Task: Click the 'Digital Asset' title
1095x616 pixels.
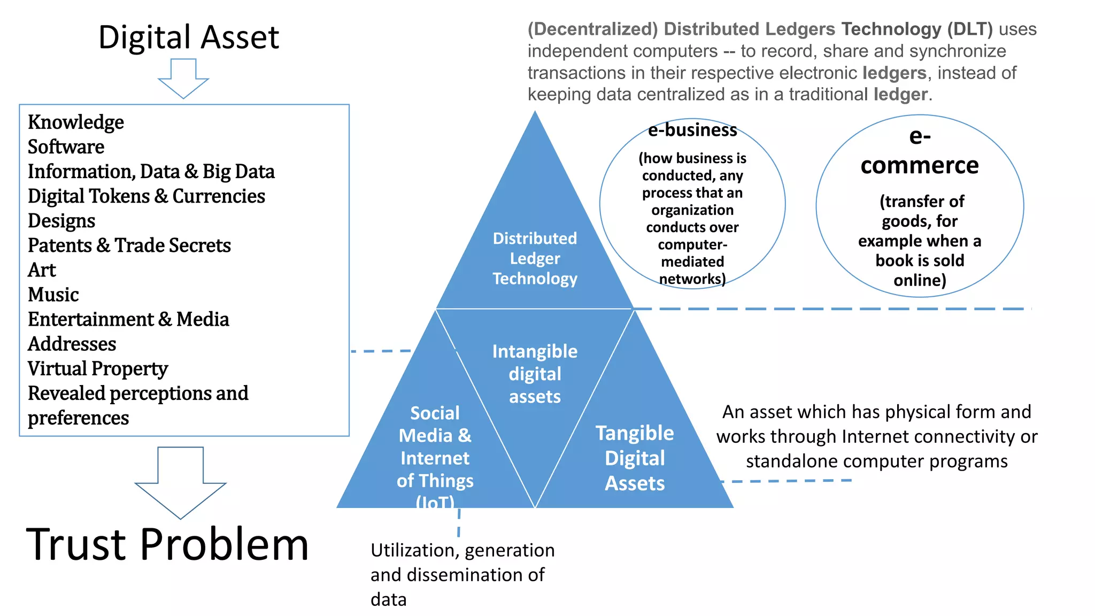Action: click(x=188, y=37)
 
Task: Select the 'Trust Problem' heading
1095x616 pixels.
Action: click(x=167, y=544)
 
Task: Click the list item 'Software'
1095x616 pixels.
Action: click(x=66, y=147)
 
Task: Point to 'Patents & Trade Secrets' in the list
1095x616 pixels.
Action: click(x=129, y=245)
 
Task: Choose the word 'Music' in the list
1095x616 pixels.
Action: click(x=53, y=295)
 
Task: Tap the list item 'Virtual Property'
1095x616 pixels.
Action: click(x=97, y=368)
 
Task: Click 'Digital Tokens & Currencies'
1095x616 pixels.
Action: click(x=146, y=196)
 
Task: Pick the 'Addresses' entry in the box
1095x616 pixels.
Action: click(x=72, y=344)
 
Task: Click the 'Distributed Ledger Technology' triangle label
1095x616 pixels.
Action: click(x=535, y=258)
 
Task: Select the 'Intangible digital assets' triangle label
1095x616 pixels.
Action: click(x=535, y=374)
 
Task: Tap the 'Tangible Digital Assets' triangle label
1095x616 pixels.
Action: click(x=635, y=458)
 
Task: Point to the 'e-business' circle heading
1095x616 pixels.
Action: click(x=692, y=130)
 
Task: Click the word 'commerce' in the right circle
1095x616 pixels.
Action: click(x=919, y=165)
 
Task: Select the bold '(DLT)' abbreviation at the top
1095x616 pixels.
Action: click(x=970, y=29)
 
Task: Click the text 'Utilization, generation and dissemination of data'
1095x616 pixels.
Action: click(x=462, y=574)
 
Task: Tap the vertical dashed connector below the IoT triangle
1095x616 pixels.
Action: click(x=459, y=522)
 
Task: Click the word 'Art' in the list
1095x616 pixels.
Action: click(x=42, y=270)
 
